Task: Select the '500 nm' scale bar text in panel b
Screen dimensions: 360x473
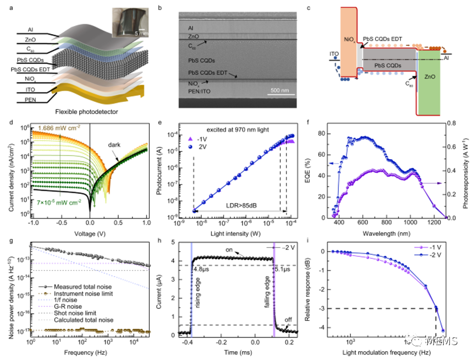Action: (282, 90)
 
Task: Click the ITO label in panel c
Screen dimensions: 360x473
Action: (334, 54)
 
